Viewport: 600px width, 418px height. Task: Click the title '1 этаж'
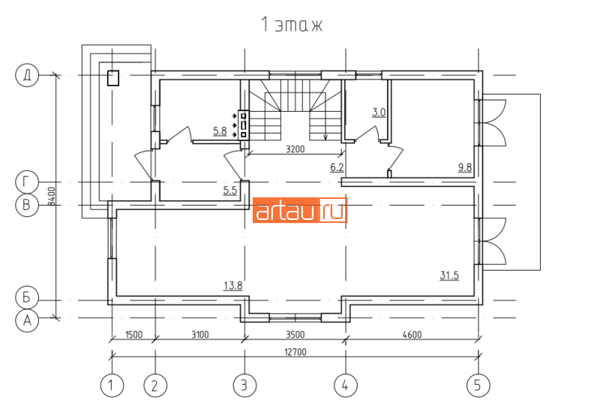click(x=292, y=25)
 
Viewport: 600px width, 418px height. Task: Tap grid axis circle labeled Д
click(x=27, y=75)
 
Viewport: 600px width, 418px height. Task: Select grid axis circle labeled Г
click(x=27, y=182)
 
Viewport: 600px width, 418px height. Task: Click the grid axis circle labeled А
click(x=27, y=320)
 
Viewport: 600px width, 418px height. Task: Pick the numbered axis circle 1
click(x=112, y=385)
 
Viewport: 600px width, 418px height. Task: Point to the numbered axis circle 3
click(x=245, y=385)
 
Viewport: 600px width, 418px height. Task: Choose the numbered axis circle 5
click(x=478, y=385)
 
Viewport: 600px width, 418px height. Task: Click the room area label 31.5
click(x=449, y=275)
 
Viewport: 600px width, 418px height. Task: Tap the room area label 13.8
click(x=233, y=286)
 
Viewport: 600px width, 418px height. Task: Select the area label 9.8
click(x=465, y=167)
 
